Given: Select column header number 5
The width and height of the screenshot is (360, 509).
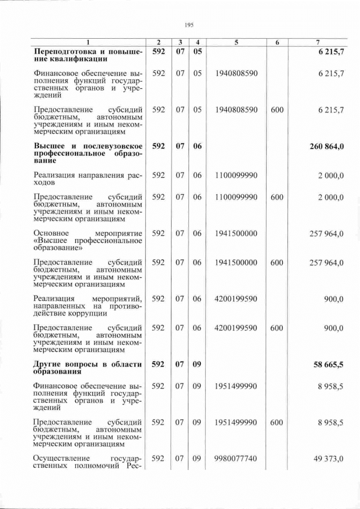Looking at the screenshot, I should [x=236, y=43].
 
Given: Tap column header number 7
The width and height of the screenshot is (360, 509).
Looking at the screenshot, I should [x=318, y=43].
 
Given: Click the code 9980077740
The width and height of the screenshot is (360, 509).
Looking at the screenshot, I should [x=236, y=459].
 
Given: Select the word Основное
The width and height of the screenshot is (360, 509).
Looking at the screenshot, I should [x=51, y=232].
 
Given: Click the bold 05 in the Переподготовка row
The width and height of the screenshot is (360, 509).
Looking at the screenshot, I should [x=197, y=52].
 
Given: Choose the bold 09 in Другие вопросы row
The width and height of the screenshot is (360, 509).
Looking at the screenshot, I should [x=197, y=364].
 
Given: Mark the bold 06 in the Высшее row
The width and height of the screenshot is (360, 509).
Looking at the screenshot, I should [x=197, y=146].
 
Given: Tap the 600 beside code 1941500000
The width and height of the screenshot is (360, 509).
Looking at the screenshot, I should [x=277, y=262].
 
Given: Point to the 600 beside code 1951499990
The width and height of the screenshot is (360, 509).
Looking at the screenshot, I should [x=277, y=422].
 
